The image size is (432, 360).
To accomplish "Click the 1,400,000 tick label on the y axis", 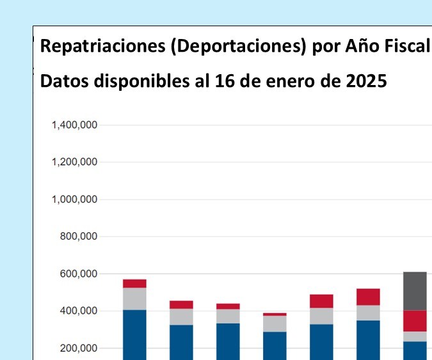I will (x=74, y=125).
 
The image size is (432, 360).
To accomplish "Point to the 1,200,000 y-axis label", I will (x=74, y=162).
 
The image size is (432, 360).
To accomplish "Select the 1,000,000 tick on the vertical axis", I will (x=74, y=200).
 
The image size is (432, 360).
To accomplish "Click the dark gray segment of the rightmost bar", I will (x=415, y=291).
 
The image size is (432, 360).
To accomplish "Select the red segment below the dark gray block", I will (x=415, y=321).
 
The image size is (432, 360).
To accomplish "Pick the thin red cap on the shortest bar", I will (x=275, y=315).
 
